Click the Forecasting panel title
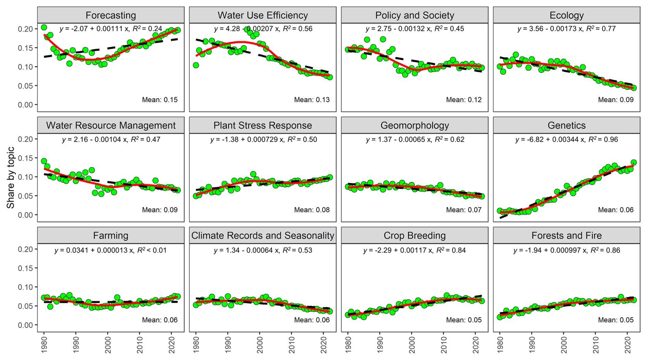tap(110, 15)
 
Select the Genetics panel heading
tap(566, 126)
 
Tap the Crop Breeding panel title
tap(414, 236)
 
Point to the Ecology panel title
tap(566, 15)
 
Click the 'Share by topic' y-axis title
tap(11, 177)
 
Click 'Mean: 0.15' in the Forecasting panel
tap(160, 100)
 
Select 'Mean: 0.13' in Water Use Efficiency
tap(312, 100)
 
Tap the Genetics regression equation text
tap(566, 140)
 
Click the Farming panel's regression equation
tap(110, 250)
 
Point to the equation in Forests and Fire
tap(566, 250)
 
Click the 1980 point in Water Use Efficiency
tap(196, 65)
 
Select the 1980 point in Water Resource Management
tap(44, 161)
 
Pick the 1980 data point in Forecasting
tap(44, 27)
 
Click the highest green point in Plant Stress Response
tap(253, 174)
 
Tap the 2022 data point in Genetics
tap(633, 163)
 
